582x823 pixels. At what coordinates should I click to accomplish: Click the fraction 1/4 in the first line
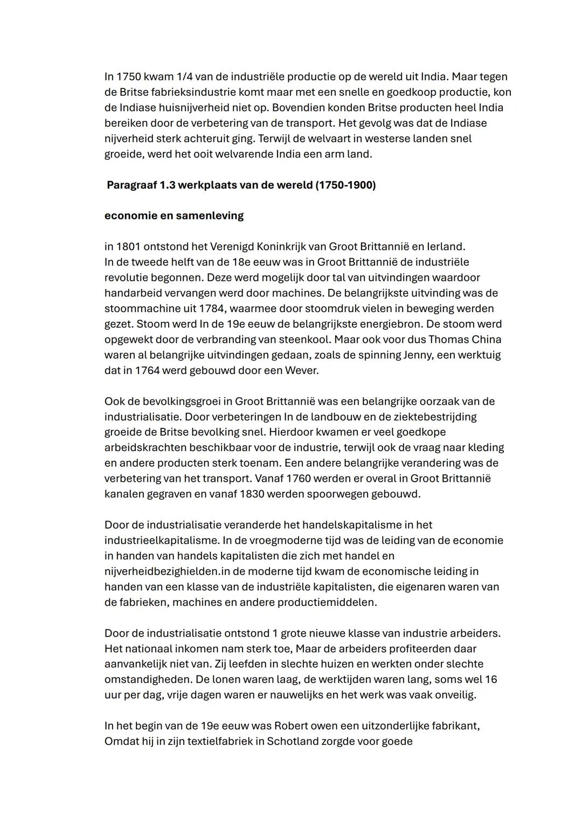coord(185,77)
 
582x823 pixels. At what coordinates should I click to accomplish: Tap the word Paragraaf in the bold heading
coord(131,185)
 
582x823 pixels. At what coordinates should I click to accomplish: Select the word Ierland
coord(446,247)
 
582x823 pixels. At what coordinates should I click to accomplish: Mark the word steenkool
coord(308,340)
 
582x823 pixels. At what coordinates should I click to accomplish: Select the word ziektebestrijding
coord(416,417)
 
